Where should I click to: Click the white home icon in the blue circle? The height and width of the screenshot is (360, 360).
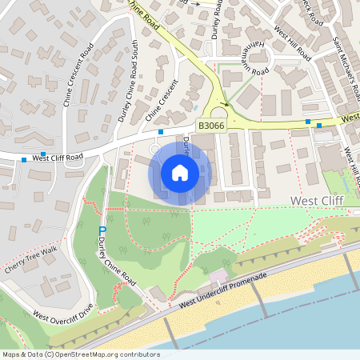(180, 172)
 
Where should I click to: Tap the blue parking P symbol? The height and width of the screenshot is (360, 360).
(102, 232)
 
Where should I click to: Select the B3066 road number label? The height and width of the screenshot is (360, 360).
(210, 126)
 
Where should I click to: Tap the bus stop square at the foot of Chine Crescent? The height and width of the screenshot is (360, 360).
(161, 131)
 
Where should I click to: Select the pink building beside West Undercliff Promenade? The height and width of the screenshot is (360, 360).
(218, 277)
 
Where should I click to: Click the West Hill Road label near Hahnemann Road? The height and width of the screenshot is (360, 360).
(292, 43)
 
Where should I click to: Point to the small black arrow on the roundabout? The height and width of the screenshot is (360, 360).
(226, 102)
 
